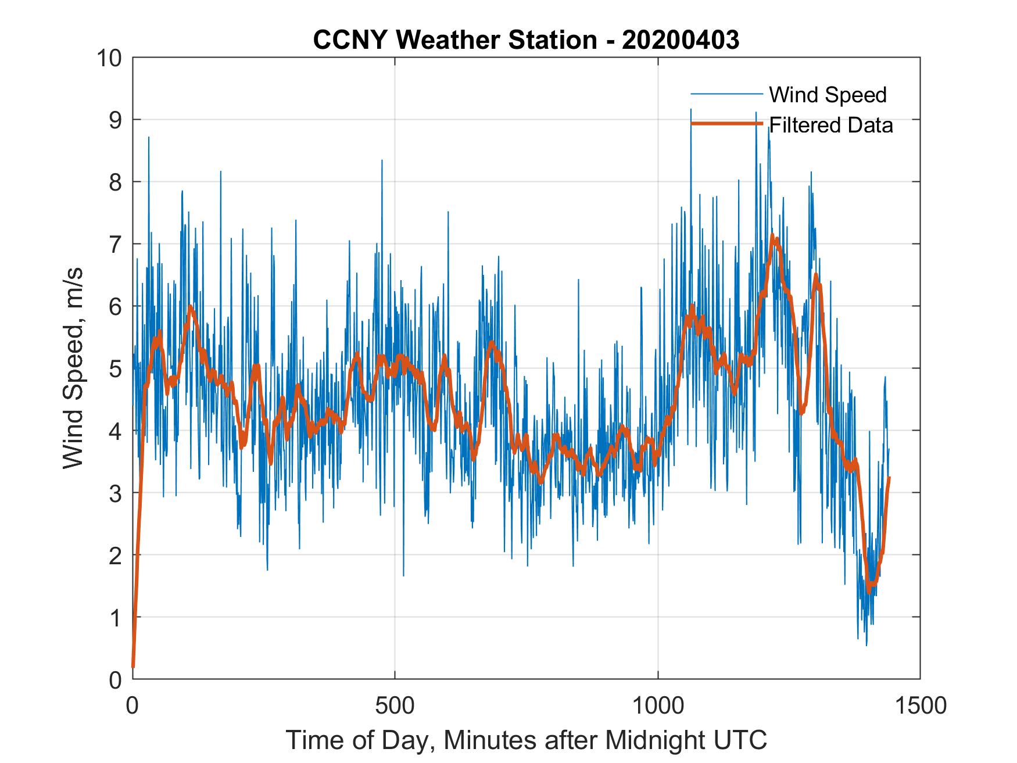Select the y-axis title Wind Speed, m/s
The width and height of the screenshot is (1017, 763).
tap(73, 368)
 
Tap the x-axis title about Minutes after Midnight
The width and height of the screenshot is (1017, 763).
tap(526, 740)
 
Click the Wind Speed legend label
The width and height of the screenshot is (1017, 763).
tap(828, 95)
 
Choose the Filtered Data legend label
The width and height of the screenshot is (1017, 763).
tap(830, 125)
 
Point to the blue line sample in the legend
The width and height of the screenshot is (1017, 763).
tap(726, 94)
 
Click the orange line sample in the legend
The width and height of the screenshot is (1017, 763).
tap(726, 124)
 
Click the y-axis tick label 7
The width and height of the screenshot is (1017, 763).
tap(115, 244)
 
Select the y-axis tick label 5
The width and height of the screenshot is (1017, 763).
tap(115, 368)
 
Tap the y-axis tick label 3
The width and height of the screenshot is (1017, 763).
tap(115, 493)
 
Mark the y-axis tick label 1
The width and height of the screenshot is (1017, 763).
tap(115, 618)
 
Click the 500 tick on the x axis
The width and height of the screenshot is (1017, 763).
tap(395, 705)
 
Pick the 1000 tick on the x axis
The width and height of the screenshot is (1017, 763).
tap(658, 705)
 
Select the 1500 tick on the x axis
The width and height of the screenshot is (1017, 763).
tap(920, 705)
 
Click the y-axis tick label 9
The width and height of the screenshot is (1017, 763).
tap(115, 120)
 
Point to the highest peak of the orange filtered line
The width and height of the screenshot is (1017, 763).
tap(772, 235)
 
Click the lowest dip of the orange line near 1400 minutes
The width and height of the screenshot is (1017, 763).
tap(869, 591)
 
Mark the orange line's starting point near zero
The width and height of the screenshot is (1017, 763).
tap(133, 666)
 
